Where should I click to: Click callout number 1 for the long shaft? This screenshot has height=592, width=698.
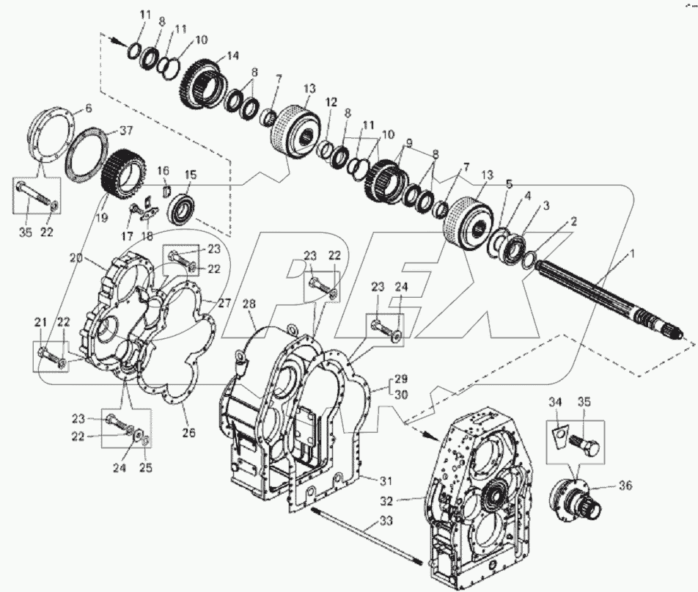coord(630,254)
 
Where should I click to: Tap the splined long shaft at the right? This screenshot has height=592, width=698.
coord(601,293)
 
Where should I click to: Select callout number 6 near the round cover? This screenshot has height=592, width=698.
coord(89,108)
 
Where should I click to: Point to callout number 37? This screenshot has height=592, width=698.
coord(127,131)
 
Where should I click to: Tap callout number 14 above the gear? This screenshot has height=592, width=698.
coord(233,55)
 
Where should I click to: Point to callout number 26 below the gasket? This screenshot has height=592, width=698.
coord(189,432)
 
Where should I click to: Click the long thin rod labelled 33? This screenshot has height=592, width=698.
coord(367,536)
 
